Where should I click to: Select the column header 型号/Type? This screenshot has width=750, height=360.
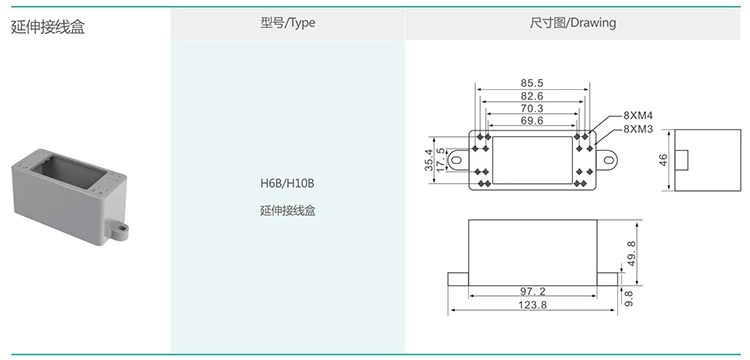pos(287,22)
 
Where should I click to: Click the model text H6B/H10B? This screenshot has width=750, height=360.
pos(287,184)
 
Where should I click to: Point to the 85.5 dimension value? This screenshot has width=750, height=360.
pos(532,83)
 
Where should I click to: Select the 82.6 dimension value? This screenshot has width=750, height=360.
pos(532,96)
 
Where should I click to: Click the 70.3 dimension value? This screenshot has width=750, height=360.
pos(532,109)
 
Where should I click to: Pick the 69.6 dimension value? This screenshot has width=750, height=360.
pos(532,121)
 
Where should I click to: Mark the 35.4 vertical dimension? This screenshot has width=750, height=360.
pos(430,159)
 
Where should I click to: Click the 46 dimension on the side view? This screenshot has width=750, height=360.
pos(664,160)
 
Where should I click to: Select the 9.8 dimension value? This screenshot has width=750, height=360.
pos(629,297)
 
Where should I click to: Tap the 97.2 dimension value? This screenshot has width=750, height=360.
pos(532,291)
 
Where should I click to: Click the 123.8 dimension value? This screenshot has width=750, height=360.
pos(532,305)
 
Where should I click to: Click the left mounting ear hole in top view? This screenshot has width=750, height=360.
pos(456,159)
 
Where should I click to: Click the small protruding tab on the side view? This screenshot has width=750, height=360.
pos(685,159)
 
